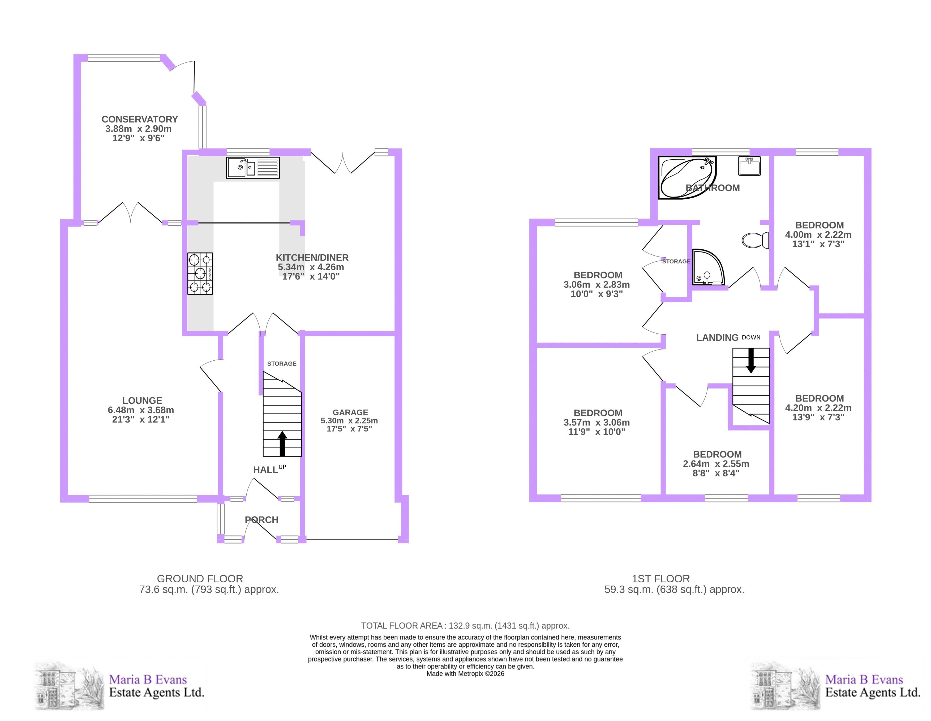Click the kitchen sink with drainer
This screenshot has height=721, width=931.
(253, 168)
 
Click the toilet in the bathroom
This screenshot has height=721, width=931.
(755, 240)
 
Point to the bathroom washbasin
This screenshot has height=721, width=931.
(749, 166)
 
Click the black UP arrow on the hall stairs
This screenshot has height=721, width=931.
(282, 444)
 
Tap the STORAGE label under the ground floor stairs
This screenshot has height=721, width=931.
(281, 364)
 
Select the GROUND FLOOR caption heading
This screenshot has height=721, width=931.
(200, 579)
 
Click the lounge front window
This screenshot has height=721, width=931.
(143, 498)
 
